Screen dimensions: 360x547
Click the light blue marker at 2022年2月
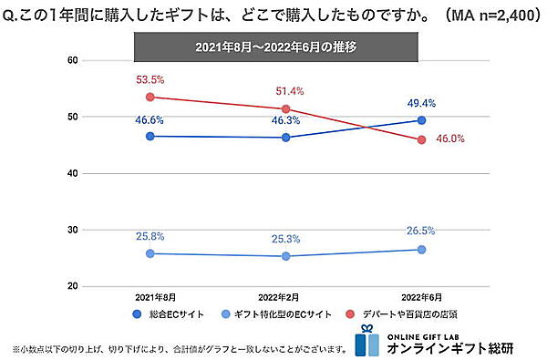click(x=285, y=256)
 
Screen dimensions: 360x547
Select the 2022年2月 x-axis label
click(x=285, y=297)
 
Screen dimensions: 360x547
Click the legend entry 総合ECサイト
click(x=170, y=314)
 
